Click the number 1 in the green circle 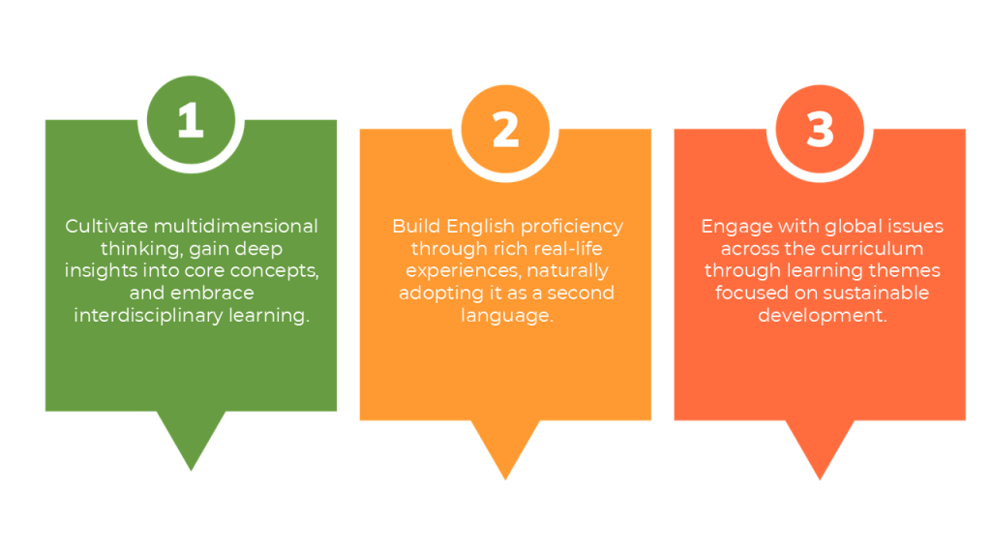point(191,119)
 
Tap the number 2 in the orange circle point(505,130)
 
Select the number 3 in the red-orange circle point(820,130)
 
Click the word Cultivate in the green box point(106,226)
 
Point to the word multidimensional point(236,226)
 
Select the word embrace point(212,293)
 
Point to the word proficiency point(572,227)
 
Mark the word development point(823,316)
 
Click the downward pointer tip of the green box point(191,470)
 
